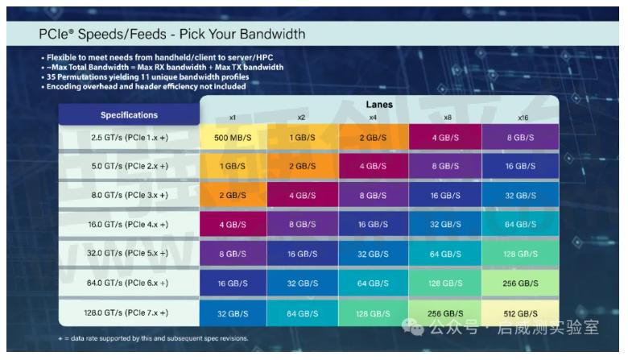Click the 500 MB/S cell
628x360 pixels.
click(x=233, y=137)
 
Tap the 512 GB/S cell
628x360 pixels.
click(x=519, y=312)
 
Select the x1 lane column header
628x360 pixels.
click(x=233, y=118)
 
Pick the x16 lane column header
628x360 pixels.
click(x=523, y=118)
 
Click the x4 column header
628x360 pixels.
click(x=373, y=118)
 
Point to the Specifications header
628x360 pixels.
click(x=129, y=115)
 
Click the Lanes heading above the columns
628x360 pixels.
click(x=378, y=105)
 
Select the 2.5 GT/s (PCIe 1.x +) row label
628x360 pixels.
click(x=128, y=137)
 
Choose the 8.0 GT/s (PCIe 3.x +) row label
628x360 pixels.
click(x=128, y=195)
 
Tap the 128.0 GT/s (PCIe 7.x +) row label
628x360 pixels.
click(x=128, y=312)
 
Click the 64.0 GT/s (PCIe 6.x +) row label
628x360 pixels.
click(x=128, y=283)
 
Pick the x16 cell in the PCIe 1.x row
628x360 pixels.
click(x=519, y=137)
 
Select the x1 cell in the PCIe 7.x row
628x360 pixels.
click(x=233, y=312)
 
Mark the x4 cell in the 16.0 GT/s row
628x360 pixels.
click(x=373, y=225)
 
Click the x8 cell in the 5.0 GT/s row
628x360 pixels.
click(x=445, y=166)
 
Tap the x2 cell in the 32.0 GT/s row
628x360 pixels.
click(x=302, y=254)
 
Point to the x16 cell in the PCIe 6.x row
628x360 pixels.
click(x=519, y=283)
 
